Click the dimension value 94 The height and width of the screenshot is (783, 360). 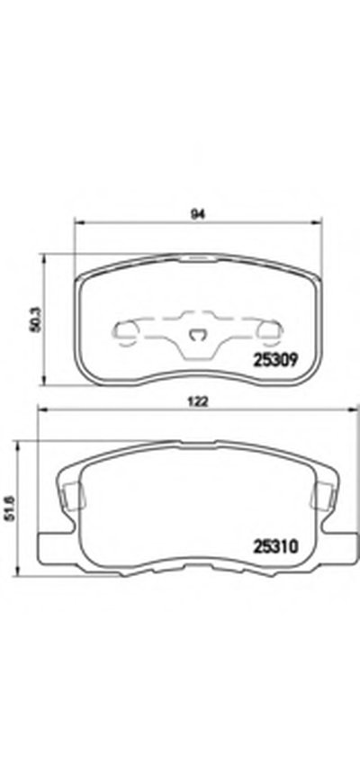(x=199, y=214)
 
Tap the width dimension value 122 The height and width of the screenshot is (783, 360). (x=199, y=401)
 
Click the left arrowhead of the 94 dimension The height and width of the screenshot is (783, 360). (x=79, y=222)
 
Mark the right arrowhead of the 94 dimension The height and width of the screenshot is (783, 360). (x=318, y=222)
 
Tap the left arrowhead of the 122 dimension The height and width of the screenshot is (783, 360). (x=43, y=409)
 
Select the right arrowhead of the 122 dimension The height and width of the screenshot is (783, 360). (x=354, y=409)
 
